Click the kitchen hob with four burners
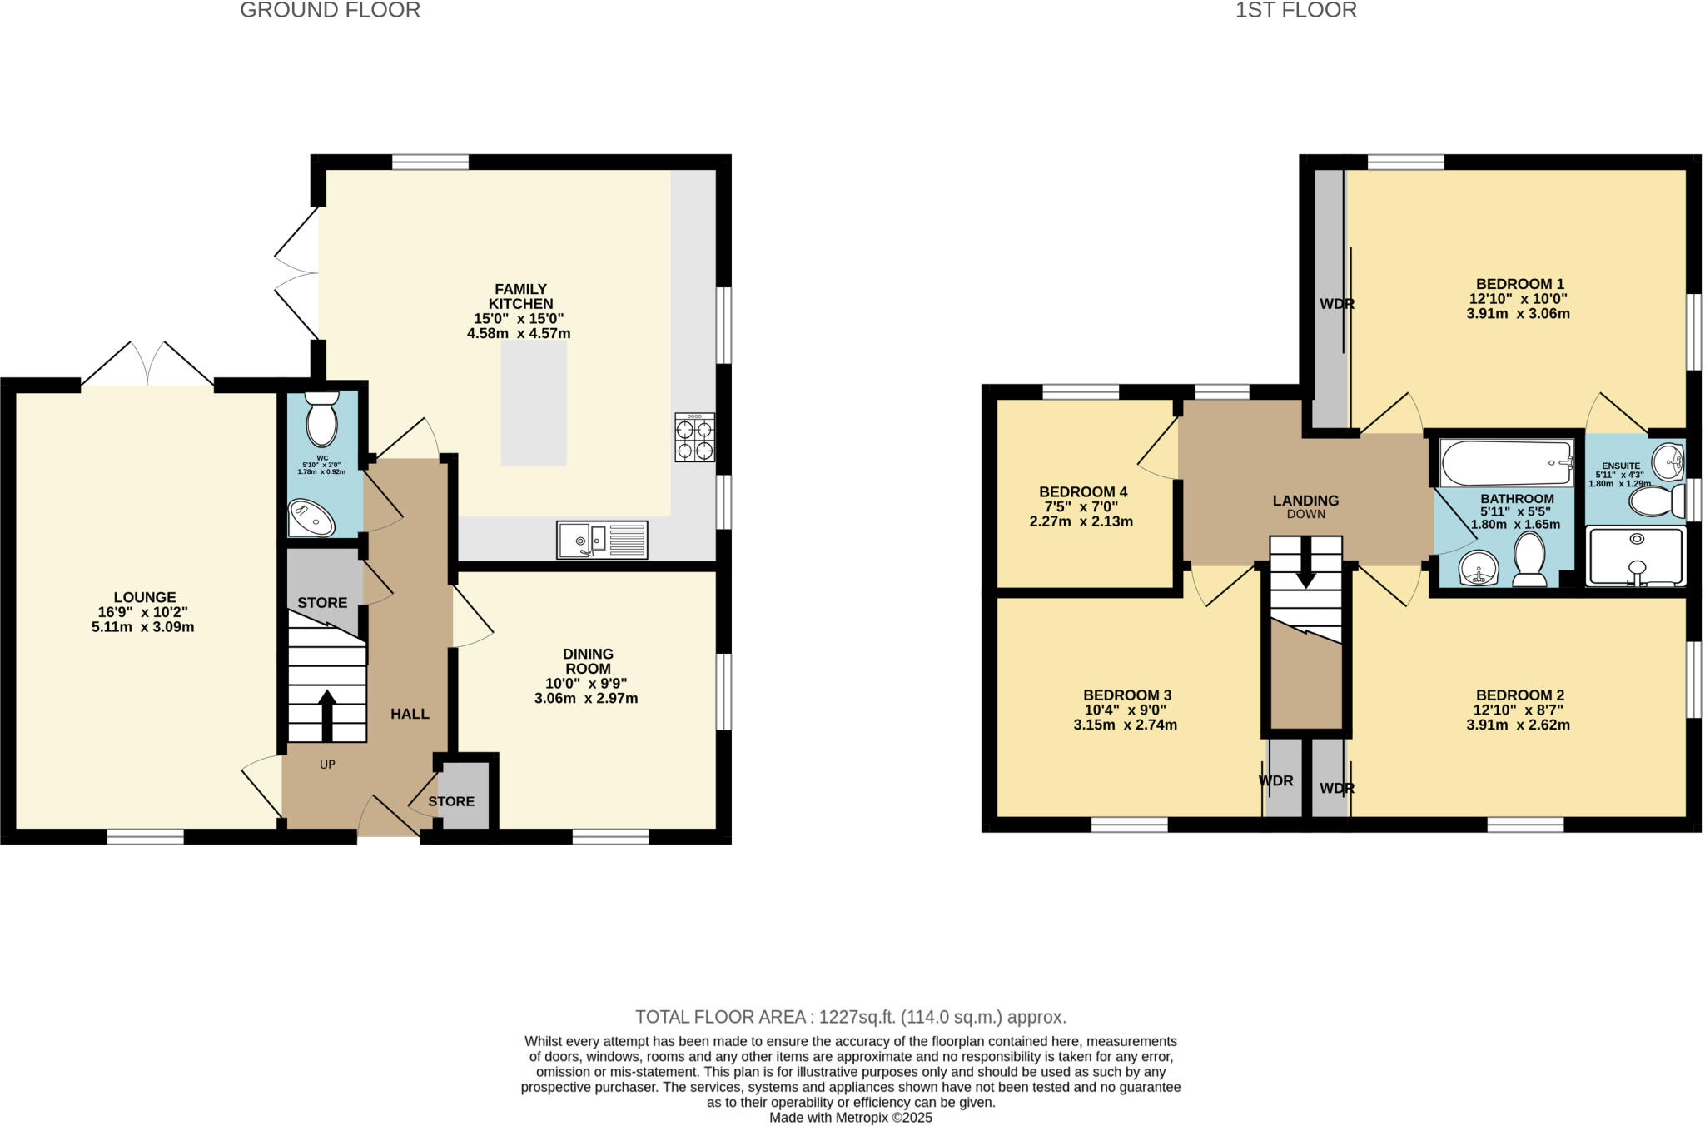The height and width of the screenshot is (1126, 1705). pos(694,438)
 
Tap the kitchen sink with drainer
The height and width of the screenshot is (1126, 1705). pos(602,540)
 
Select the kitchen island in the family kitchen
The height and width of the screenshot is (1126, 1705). pos(534,403)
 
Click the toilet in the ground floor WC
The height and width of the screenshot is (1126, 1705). pos(321,420)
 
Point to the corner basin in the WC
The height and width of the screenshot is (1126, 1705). pos(311,518)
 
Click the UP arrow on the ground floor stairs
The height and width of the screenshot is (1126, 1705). pos(326,715)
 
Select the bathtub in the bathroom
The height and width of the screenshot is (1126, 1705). pos(1506,463)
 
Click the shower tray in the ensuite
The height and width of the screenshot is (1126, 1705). pos(1636,556)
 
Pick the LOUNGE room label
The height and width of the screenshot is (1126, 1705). pos(145,597)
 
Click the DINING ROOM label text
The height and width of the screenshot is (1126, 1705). pos(588,661)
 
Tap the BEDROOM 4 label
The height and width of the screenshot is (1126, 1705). pos(1082,492)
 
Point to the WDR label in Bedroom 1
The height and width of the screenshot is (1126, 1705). pos(1336,304)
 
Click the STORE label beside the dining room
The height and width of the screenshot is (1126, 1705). pos(451,801)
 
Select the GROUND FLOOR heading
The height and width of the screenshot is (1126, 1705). pos(330,10)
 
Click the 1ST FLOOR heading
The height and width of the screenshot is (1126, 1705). pos(1295,10)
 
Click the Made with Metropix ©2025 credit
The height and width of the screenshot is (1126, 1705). pos(850,1118)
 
